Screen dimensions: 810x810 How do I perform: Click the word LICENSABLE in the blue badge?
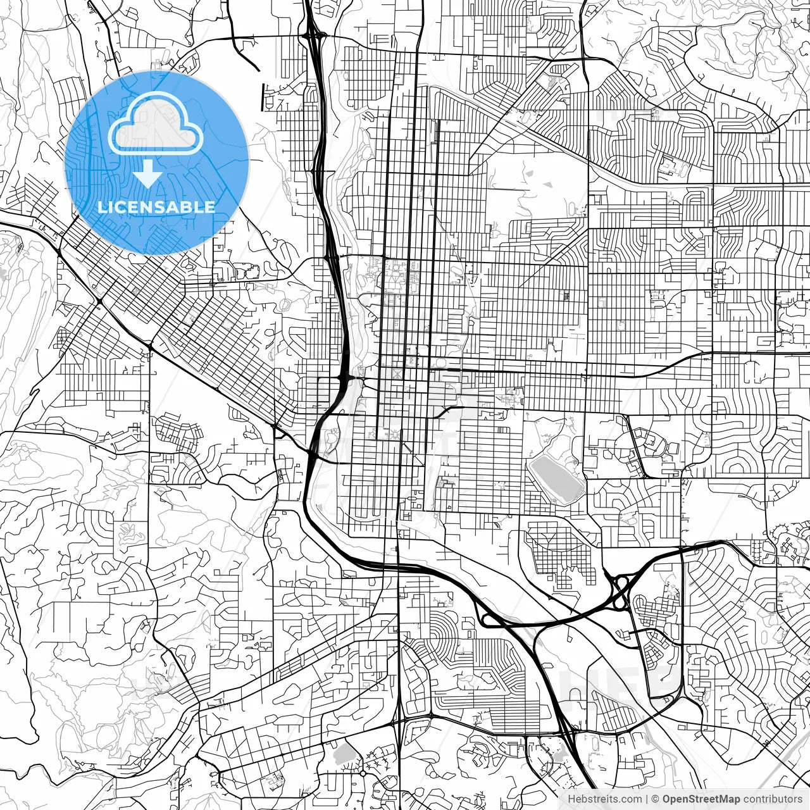156,207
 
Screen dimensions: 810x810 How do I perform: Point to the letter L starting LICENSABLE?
101,207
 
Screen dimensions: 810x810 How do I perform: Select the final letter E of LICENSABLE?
210,207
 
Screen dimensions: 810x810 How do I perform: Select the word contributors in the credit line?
773,799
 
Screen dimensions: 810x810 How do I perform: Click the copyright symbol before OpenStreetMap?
656,799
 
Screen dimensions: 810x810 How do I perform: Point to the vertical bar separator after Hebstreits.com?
646,799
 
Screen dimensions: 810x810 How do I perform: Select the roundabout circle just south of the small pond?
363,773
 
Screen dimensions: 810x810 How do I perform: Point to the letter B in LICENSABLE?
188,207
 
